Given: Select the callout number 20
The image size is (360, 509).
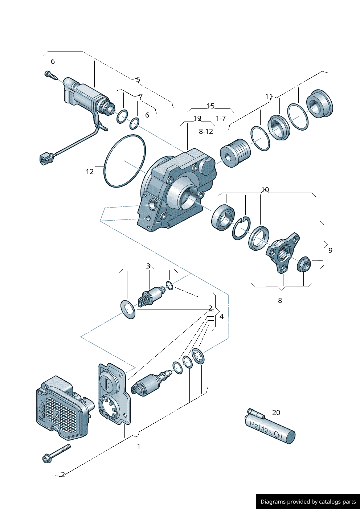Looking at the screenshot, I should click(276, 412).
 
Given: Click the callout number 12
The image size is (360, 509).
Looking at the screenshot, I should click(90, 172).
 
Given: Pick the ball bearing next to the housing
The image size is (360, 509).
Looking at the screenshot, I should click(223, 217).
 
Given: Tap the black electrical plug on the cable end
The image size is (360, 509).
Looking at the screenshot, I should click(46, 159).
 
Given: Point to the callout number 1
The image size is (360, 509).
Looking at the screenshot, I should click(139, 446).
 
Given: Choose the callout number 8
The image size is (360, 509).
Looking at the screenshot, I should click(280, 300).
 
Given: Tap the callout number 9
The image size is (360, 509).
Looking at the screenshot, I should click(330, 250).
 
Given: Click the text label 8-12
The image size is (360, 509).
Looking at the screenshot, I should click(206, 131).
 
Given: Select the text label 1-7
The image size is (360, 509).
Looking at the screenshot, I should click(221, 118).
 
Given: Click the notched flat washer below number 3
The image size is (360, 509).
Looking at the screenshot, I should click(128, 309).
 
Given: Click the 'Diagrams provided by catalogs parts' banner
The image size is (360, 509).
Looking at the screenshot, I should click(308, 501).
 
